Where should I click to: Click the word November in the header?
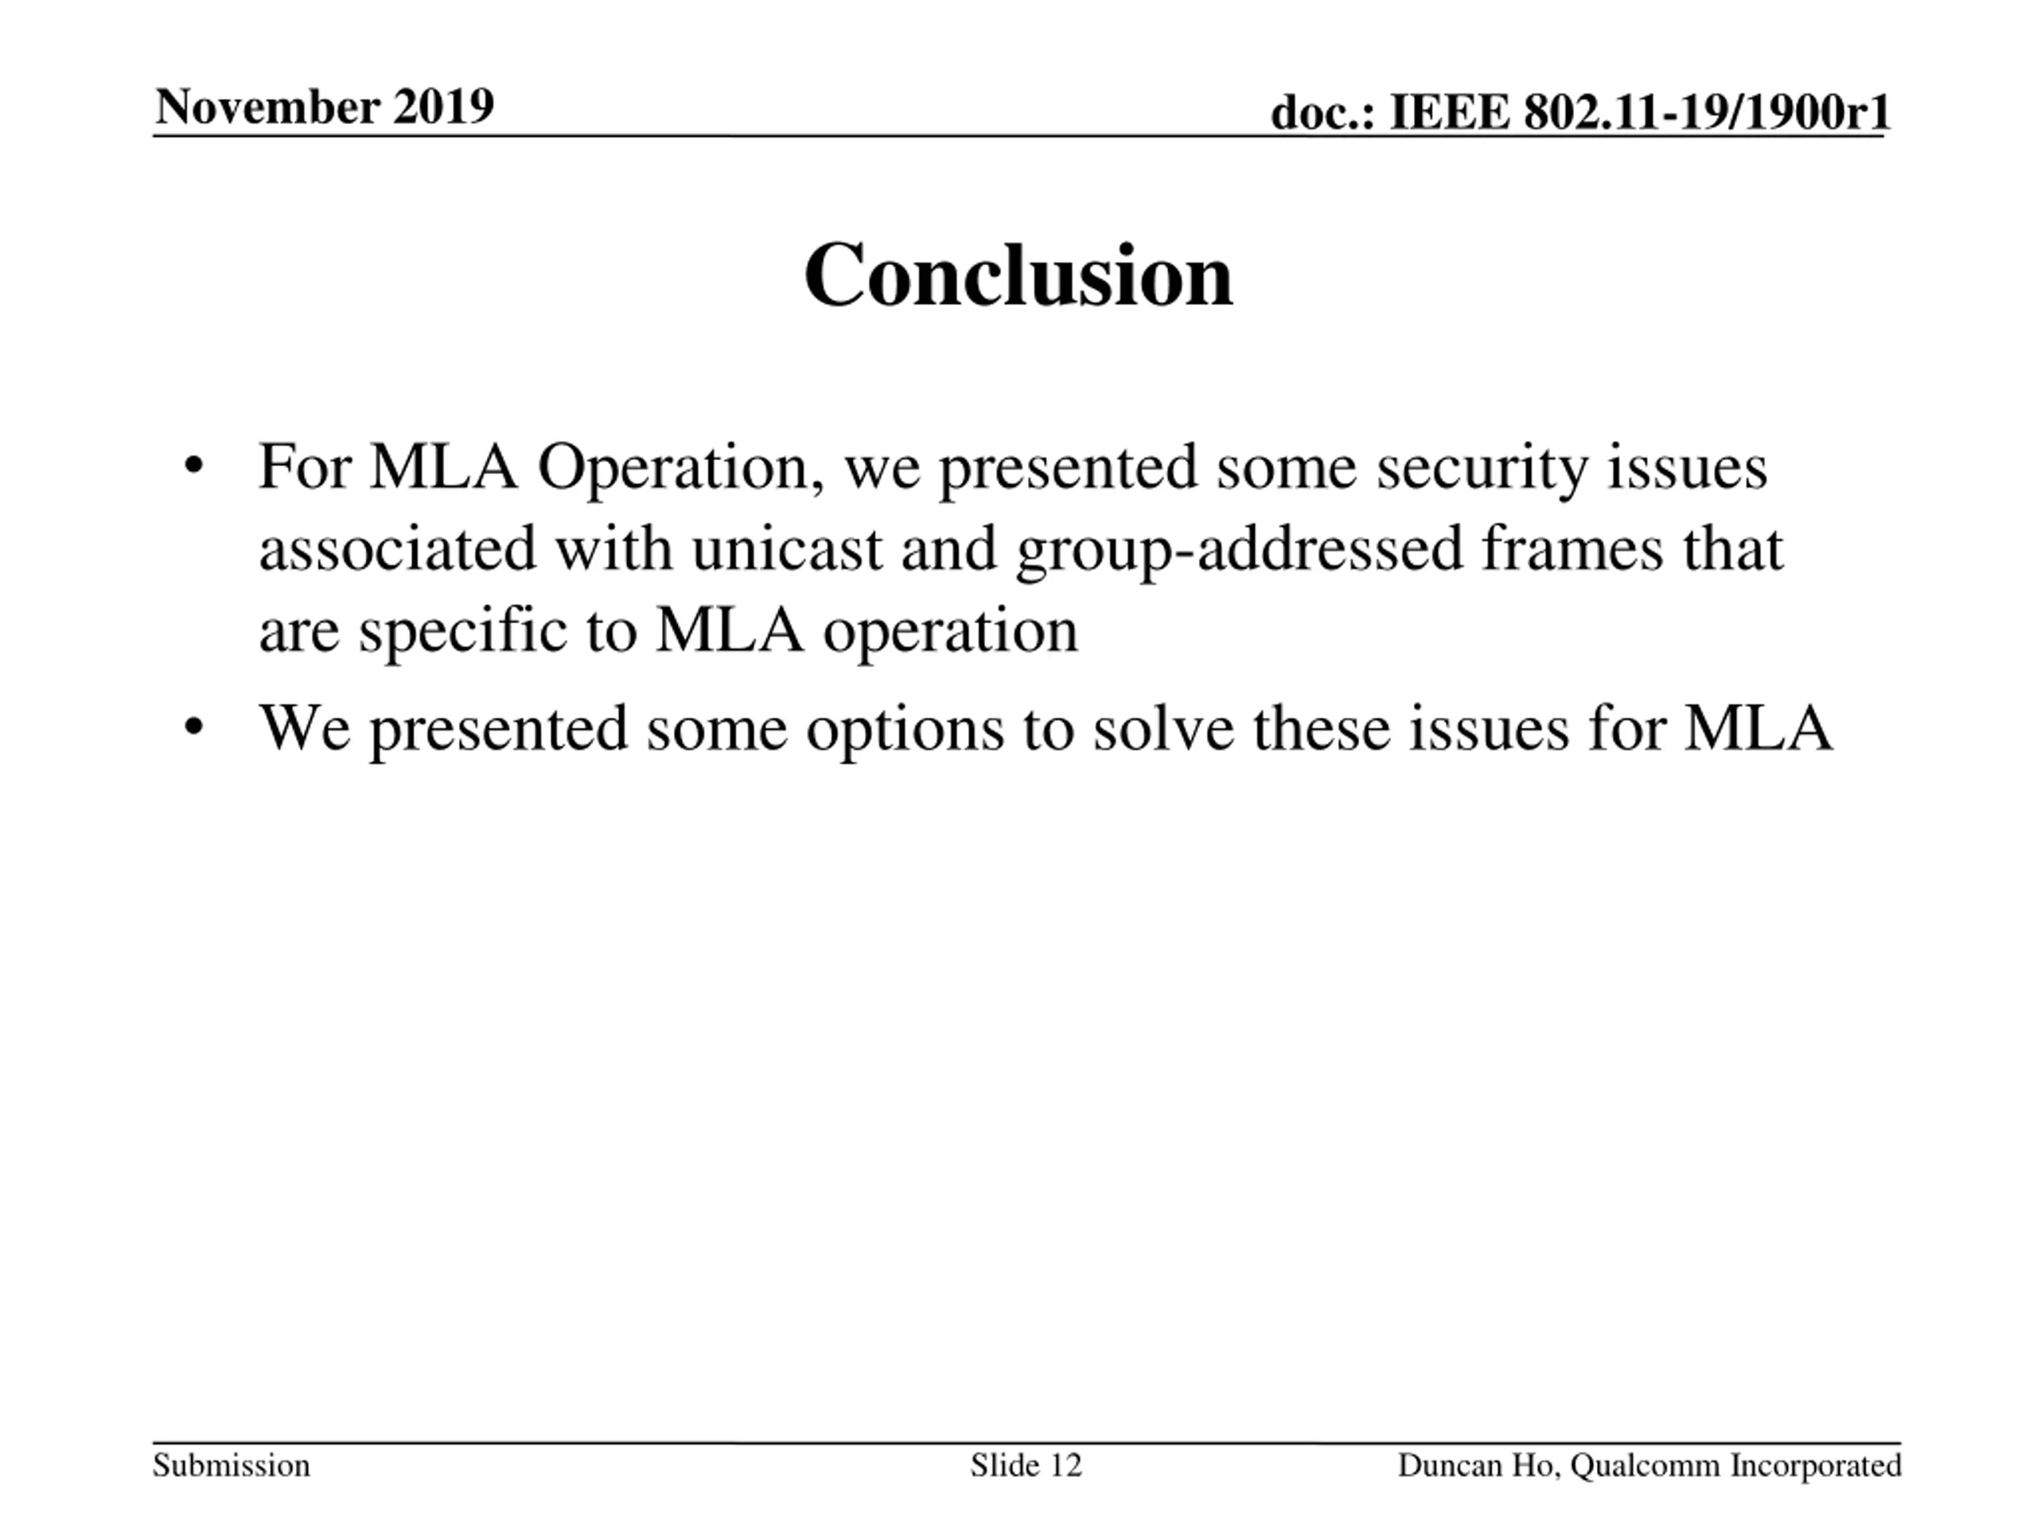pyautogui.click(x=267, y=107)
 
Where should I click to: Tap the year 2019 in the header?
pyautogui.click(x=443, y=107)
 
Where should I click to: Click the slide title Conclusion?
pyautogui.click(x=1018, y=275)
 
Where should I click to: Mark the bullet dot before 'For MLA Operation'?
pyautogui.click(x=193, y=466)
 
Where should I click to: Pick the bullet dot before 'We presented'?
pyautogui.click(x=193, y=727)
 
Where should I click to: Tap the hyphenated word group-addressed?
pyautogui.click(x=1240, y=549)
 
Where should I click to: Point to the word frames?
pyautogui.click(x=1573, y=549)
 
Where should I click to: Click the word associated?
pyautogui.click(x=397, y=549)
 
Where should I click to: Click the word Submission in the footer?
pyautogui.click(x=231, y=1465)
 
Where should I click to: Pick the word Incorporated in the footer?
pyautogui.click(x=1815, y=1465)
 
